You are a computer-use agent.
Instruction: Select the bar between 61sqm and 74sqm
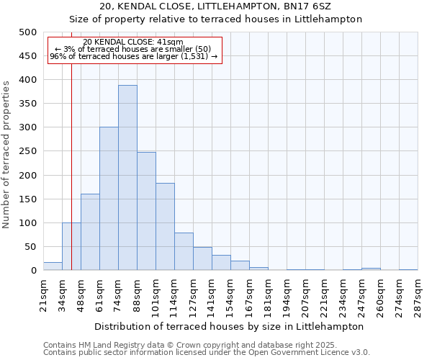pos(109,199)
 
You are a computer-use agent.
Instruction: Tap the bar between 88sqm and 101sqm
pos(146,211)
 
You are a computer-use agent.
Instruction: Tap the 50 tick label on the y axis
pos(30,247)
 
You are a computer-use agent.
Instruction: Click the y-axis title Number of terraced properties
pos(7,154)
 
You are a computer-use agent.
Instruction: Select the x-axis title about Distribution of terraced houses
pos(229,326)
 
